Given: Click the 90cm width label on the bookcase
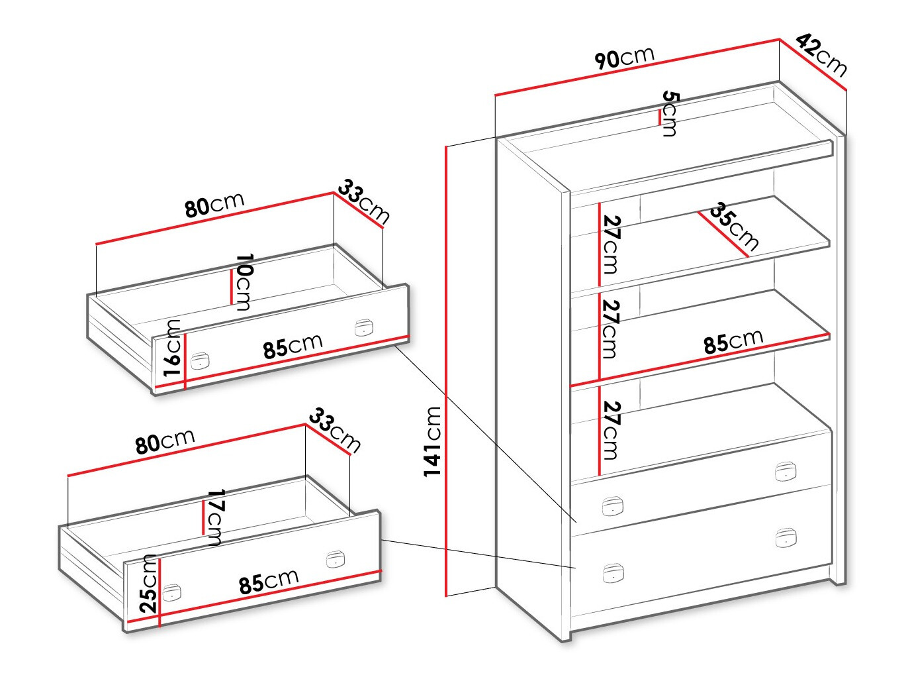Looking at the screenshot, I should [624, 57].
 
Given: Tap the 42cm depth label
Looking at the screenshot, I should [821, 54].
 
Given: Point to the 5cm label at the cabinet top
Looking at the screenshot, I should [670, 114].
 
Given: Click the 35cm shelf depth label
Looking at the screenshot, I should [734, 227].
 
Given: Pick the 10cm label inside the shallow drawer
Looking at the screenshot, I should [243, 282].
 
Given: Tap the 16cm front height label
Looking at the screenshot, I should [173, 348].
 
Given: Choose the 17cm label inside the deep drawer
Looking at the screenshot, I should [215, 517].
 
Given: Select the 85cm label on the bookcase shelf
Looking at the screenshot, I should [733, 341].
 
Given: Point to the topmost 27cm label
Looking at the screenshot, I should [610, 244].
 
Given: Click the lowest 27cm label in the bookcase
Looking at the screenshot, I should [610, 430].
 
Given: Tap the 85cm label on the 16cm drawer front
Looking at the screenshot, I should [293, 346].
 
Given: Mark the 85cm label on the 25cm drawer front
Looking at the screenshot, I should [268, 582].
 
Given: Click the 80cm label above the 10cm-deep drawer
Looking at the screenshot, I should [214, 204].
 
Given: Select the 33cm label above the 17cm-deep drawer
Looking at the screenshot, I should [334, 431].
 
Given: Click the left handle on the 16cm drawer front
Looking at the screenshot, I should [200, 360].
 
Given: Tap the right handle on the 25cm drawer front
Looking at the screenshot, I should [336, 558].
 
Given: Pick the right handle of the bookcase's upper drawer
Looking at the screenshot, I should [785, 471].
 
